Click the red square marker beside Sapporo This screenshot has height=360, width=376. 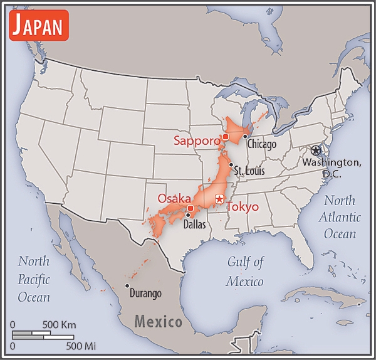pos(225,136)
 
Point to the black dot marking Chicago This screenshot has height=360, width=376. pos(245,137)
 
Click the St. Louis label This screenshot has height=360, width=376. pos(249,171)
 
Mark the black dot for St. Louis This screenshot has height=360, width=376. pos(231,165)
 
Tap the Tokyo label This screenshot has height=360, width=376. pos(242,206)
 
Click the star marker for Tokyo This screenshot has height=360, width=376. pos(219,199)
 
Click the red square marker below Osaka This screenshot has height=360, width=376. pos(191,208)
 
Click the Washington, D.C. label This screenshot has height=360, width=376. pos(332,167)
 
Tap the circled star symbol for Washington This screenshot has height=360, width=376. pos(315,151)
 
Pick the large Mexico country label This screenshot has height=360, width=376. pos(159,322)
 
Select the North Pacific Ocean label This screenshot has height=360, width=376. pos(34,278)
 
